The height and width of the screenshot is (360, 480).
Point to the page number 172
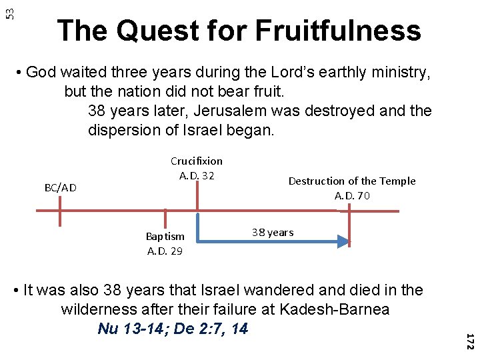(469, 342)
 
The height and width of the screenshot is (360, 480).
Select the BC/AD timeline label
(60, 188)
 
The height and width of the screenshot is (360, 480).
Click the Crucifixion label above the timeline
(197, 161)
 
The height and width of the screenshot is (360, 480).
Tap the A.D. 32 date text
(197, 175)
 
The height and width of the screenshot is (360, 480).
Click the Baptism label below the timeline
(165, 236)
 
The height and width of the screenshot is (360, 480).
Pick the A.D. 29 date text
(165, 251)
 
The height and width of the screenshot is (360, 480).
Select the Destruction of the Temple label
(351, 181)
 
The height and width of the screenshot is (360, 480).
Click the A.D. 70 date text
(352, 195)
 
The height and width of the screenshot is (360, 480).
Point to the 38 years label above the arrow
(272, 232)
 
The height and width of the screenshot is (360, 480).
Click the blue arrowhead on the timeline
(342, 241)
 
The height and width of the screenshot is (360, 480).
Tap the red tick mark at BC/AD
(60, 211)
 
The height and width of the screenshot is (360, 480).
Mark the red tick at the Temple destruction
(350, 212)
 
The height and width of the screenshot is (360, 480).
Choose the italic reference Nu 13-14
(129, 329)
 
